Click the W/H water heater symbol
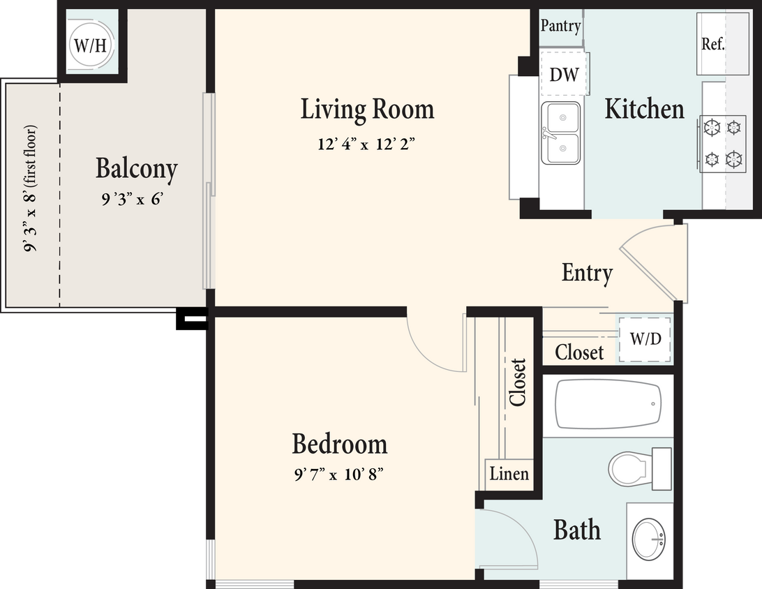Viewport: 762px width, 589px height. click(x=91, y=46)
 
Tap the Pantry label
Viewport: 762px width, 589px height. click(x=560, y=27)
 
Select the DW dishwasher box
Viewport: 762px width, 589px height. click(x=564, y=74)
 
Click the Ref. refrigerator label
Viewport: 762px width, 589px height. click(x=712, y=44)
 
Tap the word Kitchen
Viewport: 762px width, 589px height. click(x=644, y=109)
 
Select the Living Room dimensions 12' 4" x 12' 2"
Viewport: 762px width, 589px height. click(x=367, y=144)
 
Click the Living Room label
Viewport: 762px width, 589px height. click(x=367, y=110)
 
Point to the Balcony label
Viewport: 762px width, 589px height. click(x=136, y=169)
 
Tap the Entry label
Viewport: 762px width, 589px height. click(x=587, y=273)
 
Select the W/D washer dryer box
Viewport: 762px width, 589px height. click(x=645, y=338)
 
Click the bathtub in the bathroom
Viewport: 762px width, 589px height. click(x=607, y=404)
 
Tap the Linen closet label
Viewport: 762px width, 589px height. click(x=509, y=474)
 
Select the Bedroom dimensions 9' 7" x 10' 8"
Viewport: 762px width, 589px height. click(x=339, y=475)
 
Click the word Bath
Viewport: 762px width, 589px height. click(x=576, y=530)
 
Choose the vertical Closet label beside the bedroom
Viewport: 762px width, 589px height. click(x=517, y=382)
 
